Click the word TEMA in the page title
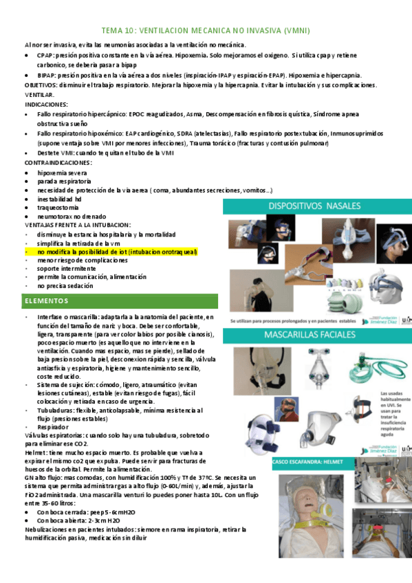click(112, 31)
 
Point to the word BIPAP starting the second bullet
click(47, 75)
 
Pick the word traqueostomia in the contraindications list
click(59, 207)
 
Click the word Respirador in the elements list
click(56, 426)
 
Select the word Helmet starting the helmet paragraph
click(34, 452)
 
